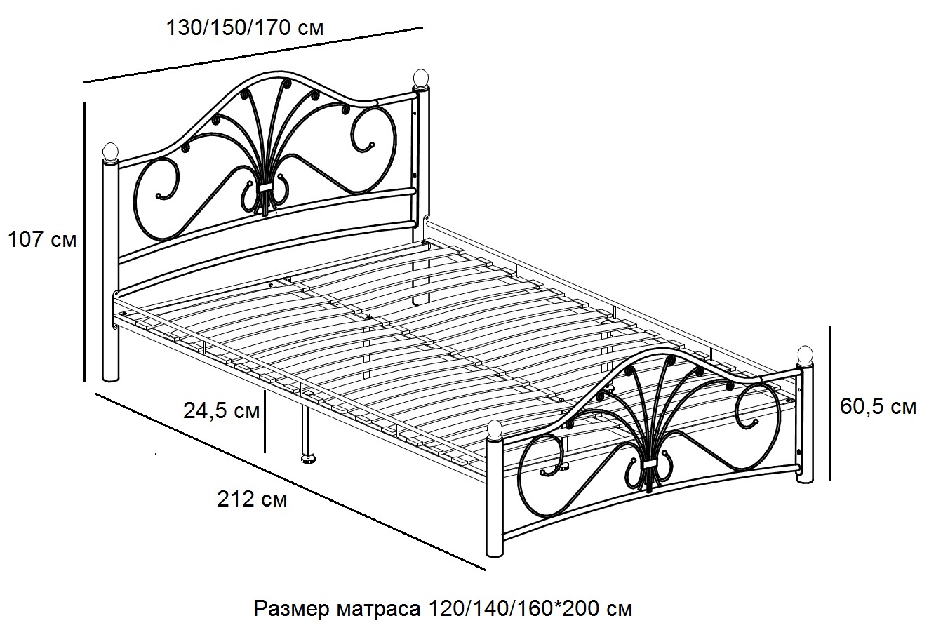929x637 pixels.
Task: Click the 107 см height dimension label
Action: pos(42,240)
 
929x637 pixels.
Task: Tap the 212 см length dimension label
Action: pos(252,499)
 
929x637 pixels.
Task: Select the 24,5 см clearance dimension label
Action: pos(221,411)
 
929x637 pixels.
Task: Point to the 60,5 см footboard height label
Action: pos(878,407)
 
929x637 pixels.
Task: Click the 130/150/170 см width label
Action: pos(245,28)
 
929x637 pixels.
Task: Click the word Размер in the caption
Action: pos(292,609)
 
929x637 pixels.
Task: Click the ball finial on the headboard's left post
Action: pos(110,152)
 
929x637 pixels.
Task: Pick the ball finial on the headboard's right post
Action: pos(420,79)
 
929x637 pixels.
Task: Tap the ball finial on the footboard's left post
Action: pos(495,431)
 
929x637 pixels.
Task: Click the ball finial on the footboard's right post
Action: pos(805,356)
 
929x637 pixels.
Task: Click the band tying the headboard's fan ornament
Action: pos(265,187)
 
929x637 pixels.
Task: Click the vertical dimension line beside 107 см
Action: pos(85,242)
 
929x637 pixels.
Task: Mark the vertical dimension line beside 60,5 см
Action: pos(831,403)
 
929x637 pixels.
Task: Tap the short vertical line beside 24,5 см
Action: pos(265,422)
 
